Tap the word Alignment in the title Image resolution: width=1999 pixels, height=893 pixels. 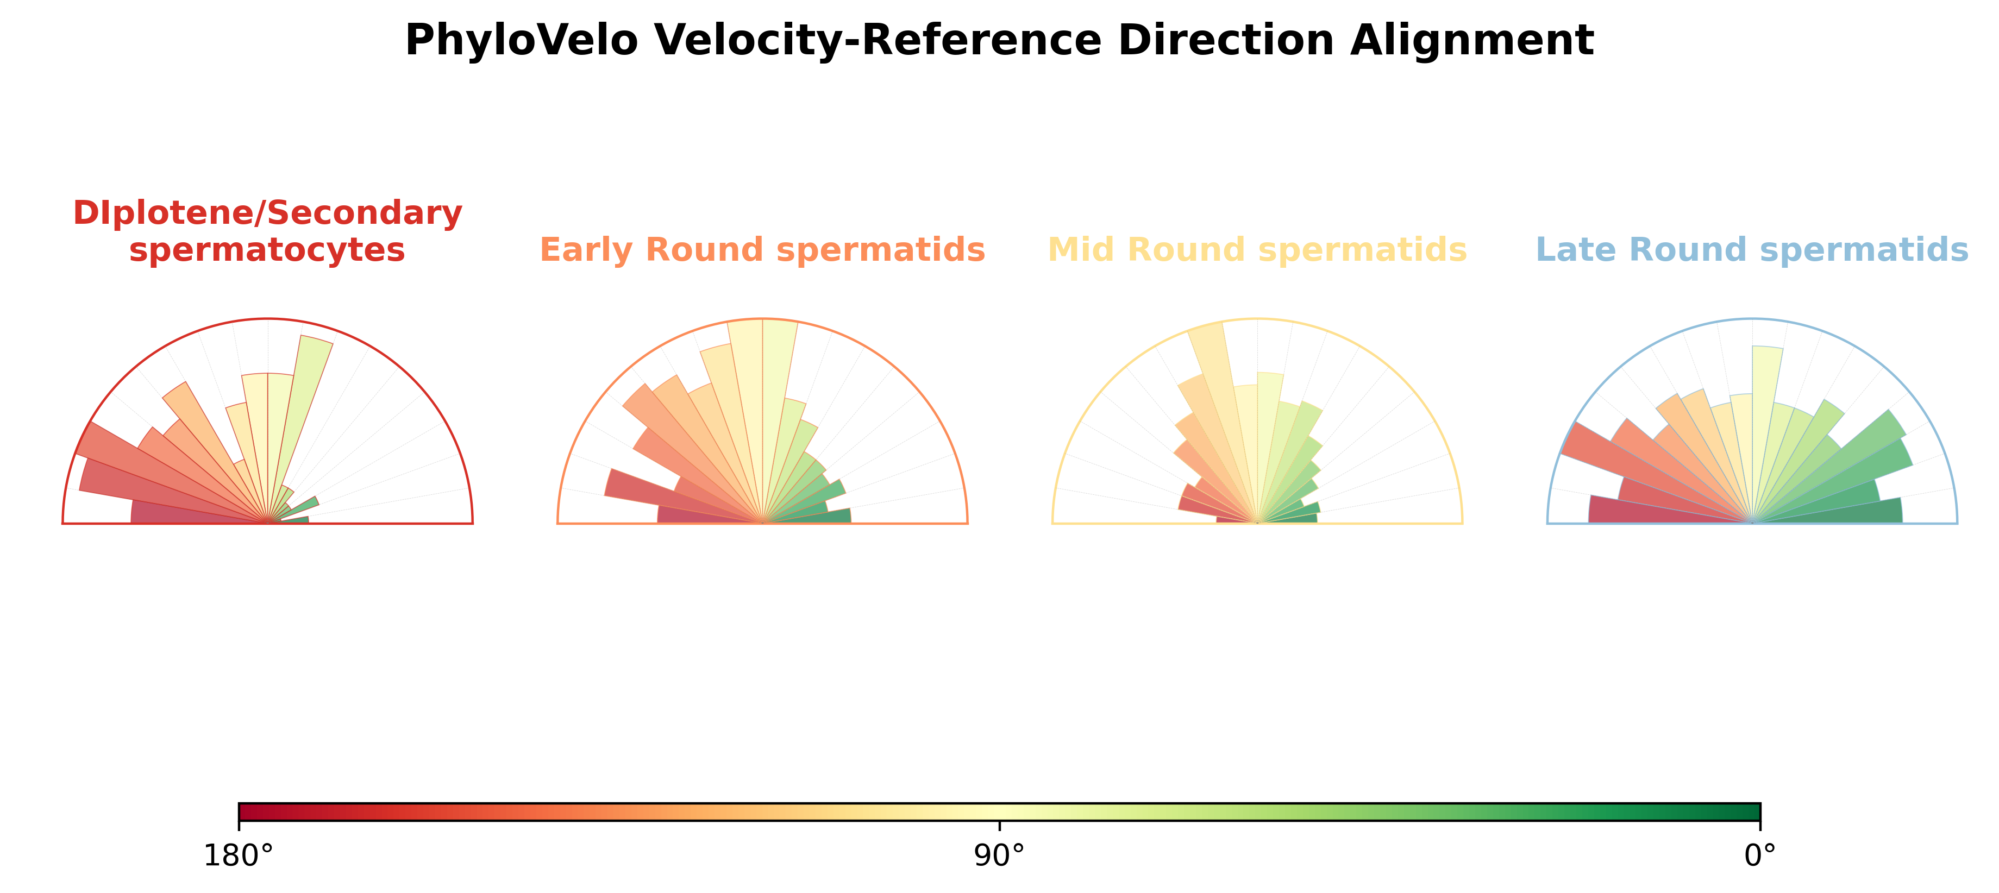(1472, 40)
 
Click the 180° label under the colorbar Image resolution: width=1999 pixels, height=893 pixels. (238, 856)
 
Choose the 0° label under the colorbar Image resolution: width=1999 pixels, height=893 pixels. (1760, 856)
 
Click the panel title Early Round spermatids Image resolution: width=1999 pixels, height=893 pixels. (762, 250)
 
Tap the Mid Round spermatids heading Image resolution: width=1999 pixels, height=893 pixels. (1257, 250)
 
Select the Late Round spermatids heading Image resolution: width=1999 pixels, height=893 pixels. (1752, 250)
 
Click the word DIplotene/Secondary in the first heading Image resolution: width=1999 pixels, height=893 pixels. (268, 212)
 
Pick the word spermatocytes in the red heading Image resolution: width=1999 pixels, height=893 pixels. (268, 250)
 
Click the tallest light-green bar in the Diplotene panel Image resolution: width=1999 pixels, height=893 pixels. (303, 411)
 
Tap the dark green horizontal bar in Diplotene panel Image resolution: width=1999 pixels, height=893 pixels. (291, 520)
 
